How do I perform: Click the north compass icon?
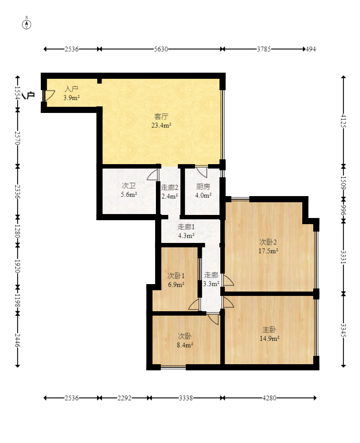point(27,25)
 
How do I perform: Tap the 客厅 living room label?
point(161,116)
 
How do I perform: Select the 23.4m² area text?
point(161,125)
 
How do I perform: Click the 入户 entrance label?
point(71,89)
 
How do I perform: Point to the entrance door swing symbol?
point(49,95)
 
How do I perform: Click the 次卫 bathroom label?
point(129,186)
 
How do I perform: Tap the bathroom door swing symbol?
point(153,175)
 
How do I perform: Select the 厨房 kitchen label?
point(203,186)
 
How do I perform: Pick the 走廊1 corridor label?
point(186,227)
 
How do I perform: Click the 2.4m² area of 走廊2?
point(169,196)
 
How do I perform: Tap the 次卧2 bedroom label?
point(268,242)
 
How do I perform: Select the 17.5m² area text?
point(268,251)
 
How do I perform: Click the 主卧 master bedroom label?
point(269,330)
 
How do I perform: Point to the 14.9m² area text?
point(270,338)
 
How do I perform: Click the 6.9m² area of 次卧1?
point(176,285)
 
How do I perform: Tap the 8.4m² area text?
point(185,345)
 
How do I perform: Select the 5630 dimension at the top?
point(161,49)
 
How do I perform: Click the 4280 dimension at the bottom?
point(269,398)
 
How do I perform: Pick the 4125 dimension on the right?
point(343,121)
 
